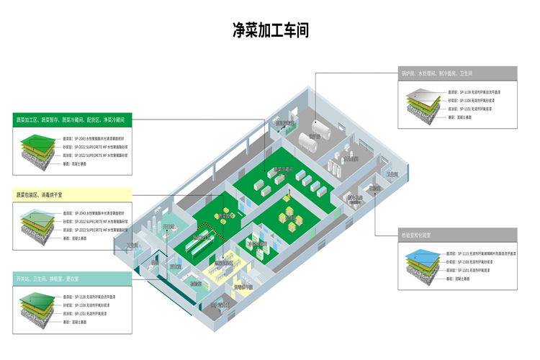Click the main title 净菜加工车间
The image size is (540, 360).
point(270,30)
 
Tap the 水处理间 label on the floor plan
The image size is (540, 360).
point(351,158)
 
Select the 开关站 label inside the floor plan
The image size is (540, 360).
point(132,246)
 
